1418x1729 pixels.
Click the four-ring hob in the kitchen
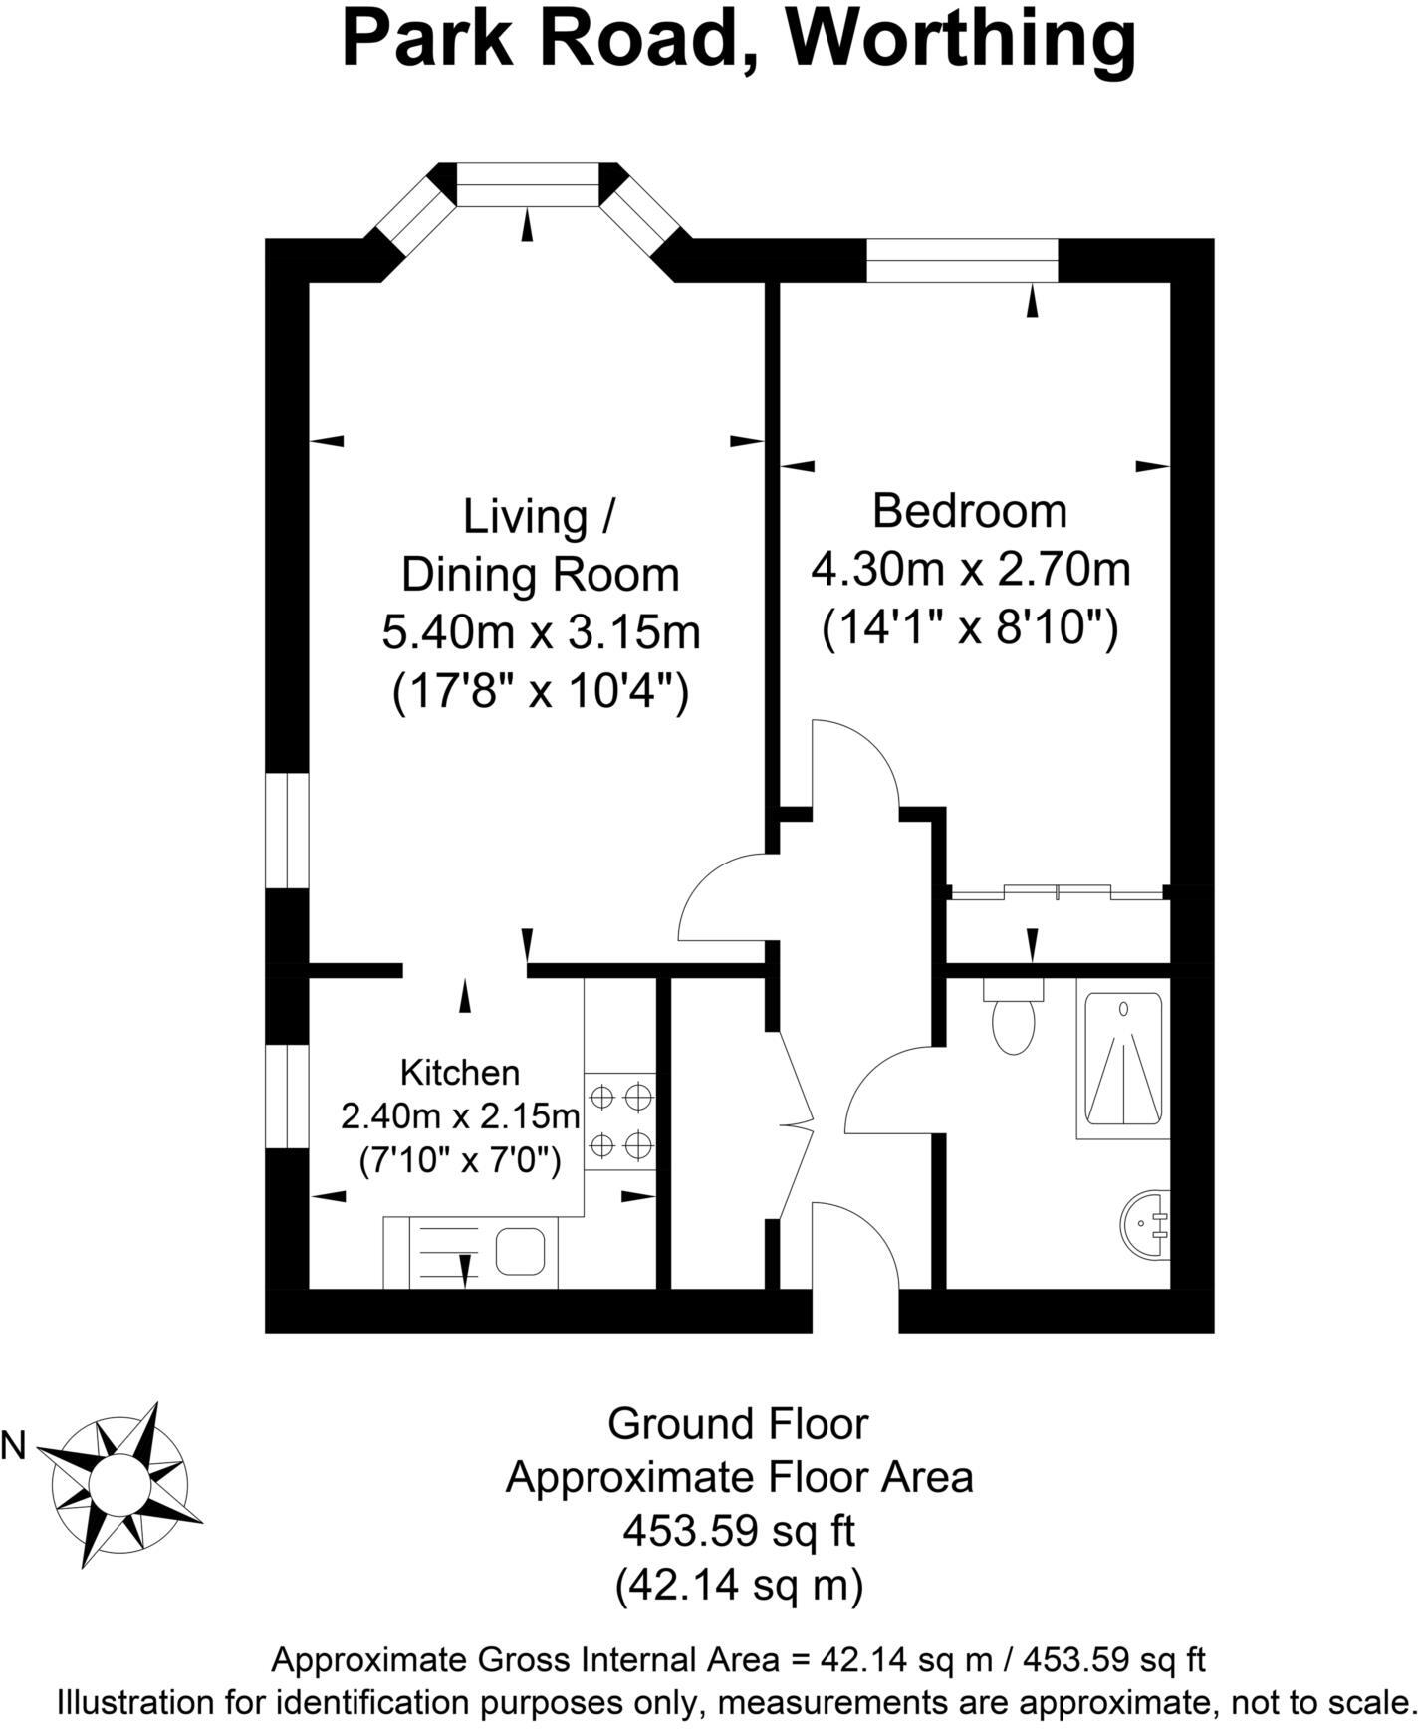(620, 1120)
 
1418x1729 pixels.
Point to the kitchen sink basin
(520, 1251)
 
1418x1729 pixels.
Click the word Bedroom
(969, 511)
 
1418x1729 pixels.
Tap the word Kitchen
(460, 1073)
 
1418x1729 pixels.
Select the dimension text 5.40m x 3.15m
(541, 632)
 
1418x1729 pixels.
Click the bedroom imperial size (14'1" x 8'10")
(969, 629)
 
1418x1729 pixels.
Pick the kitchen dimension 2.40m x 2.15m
(460, 1116)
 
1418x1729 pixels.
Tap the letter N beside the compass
(14, 1446)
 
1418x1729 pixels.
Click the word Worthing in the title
(961, 40)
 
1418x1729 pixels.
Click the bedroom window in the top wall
(961, 260)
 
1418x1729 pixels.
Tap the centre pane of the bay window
(528, 185)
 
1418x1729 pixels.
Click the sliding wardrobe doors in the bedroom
(1058, 892)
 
